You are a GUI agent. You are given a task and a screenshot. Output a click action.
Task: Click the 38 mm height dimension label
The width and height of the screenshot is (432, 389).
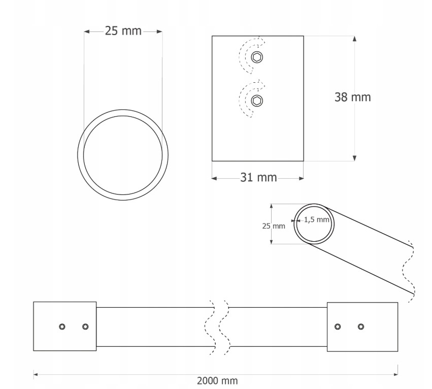[x=353, y=98]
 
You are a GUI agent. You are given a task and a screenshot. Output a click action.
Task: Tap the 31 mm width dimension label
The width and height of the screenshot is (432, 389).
[x=258, y=177]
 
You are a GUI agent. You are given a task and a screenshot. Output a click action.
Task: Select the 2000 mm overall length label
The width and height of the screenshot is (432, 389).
[x=217, y=381]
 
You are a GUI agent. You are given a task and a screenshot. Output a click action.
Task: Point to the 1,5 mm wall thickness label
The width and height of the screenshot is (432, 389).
[x=317, y=220]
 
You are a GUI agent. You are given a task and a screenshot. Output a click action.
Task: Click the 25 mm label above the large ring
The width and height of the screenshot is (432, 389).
[x=123, y=31]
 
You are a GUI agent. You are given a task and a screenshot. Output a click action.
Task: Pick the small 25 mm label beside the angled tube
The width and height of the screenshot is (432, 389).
[x=274, y=226]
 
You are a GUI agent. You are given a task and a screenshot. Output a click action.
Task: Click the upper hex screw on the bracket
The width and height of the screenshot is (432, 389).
[x=257, y=57]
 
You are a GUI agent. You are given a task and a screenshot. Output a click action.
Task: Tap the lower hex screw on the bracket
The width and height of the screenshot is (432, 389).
[x=257, y=101]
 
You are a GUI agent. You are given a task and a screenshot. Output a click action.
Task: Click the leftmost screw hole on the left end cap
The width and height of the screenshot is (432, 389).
[x=62, y=327]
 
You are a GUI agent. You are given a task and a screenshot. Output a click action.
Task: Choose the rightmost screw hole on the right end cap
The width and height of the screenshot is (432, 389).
[x=361, y=327]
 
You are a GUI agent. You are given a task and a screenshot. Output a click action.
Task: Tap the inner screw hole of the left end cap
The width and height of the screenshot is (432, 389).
[x=85, y=327]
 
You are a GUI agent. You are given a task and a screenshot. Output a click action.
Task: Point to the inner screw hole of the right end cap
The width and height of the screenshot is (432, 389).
[x=338, y=327]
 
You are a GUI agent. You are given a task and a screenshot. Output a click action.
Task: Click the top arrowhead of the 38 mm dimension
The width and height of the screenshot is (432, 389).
[x=354, y=39]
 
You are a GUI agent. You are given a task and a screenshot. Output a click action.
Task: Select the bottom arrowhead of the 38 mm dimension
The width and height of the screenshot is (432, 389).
[x=354, y=158]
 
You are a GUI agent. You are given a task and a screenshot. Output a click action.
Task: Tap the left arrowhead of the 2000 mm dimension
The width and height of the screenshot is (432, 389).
[x=36, y=374]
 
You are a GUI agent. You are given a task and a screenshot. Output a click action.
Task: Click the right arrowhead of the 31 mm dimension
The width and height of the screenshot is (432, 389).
[x=301, y=178]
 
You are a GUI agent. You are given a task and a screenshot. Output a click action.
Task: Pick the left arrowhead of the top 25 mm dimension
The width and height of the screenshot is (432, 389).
[x=87, y=31]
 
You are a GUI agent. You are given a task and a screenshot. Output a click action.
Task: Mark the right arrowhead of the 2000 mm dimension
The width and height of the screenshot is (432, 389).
[x=395, y=374]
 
